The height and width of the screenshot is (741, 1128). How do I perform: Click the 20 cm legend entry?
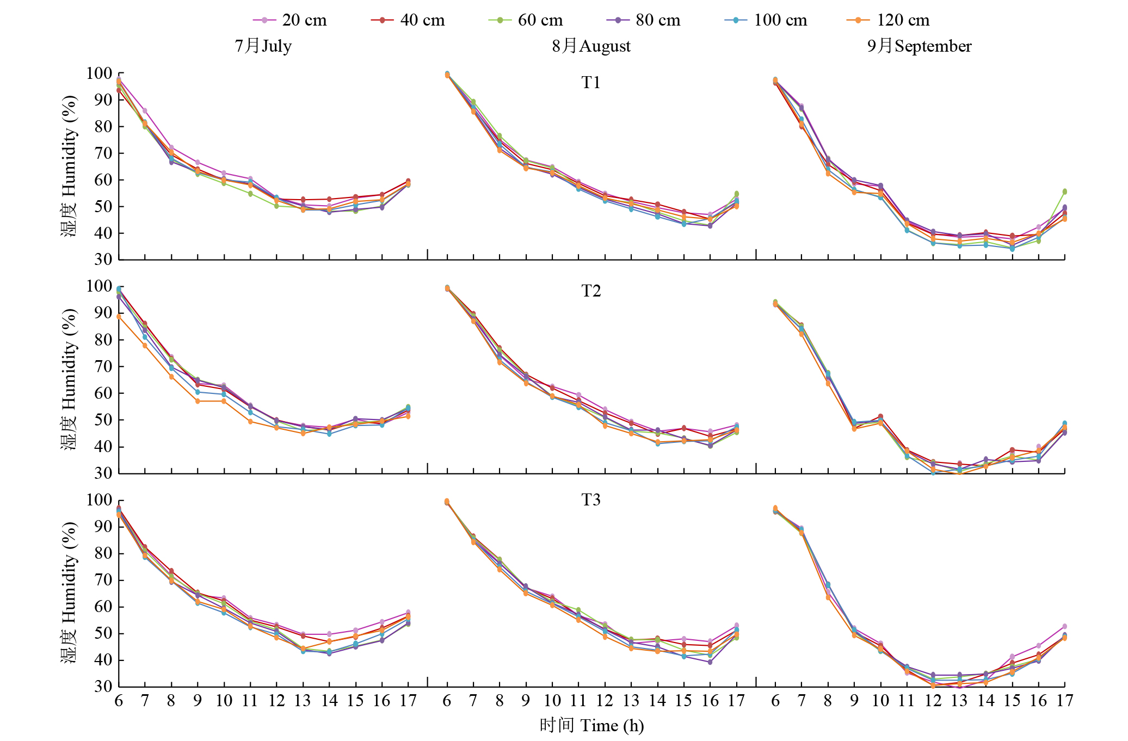click(290, 20)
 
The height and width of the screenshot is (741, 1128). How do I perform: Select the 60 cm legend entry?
click(526, 20)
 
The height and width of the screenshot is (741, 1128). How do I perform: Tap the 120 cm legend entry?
click(889, 20)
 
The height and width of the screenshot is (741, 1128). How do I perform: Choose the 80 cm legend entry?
click(644, 20)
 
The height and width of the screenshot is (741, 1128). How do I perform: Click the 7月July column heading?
click(263, 46)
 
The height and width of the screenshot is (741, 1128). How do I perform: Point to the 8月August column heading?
click(591, 46)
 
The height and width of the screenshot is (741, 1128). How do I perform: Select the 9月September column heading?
click(920, 46)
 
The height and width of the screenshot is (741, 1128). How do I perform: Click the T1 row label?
click(591, 83)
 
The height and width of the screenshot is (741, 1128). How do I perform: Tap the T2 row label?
click(591, 291)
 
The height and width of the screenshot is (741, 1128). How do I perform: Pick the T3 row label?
click(591, 500)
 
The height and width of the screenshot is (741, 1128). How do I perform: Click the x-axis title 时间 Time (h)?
click(591, 725)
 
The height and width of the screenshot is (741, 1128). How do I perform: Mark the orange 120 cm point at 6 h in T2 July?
click(119, 316)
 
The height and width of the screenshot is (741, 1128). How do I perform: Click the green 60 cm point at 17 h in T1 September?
click(1065, 192)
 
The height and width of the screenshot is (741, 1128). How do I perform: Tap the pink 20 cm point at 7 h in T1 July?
click(145, 111)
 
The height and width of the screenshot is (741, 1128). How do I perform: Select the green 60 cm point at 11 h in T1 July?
click(250, 194)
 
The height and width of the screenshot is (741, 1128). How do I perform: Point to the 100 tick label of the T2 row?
click(99, 286)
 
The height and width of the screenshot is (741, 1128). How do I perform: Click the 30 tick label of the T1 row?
click(103, 260)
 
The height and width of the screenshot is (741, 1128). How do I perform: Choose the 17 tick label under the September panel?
click(1065, 701)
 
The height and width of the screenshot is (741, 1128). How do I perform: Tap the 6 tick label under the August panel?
click(447, 701)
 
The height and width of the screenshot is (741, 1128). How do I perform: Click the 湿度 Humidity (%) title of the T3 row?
click(69, 592)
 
